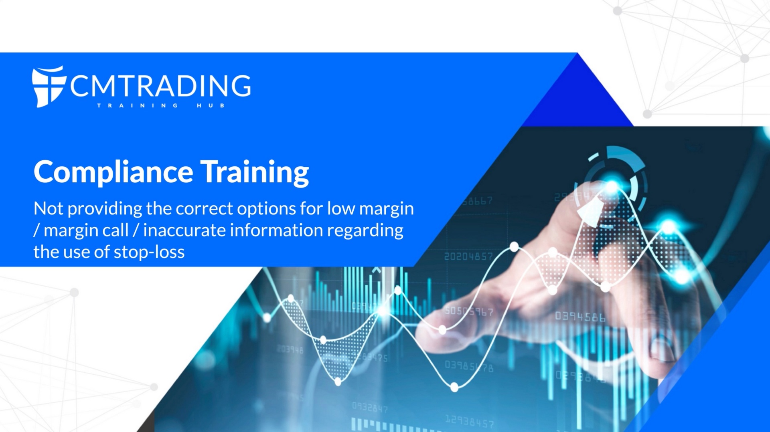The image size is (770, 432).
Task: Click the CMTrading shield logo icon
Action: pyautogui.click(x=49, y=87)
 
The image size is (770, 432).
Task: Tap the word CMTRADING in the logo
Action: pyautogui.click(x=161, y=86)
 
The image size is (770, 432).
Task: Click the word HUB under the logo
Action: pyautogui.click(x=211, y=105)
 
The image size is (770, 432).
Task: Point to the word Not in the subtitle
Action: pyautogui.click(x=49, y=208)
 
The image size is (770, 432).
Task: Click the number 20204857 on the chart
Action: pyautogui.click(x=468, y=256)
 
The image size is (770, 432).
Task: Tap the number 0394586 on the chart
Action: pyautogui.click(x=580, y=317)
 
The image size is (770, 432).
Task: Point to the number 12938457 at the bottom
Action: pyautogui.click(x=469, y=421)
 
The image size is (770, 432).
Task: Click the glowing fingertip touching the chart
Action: pyautogui.click(x=612, y=187)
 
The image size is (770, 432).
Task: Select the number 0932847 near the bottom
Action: pyautogui.click(x=370, y=407)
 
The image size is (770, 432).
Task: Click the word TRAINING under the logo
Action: pyautogui.click(x=138, y=105)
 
